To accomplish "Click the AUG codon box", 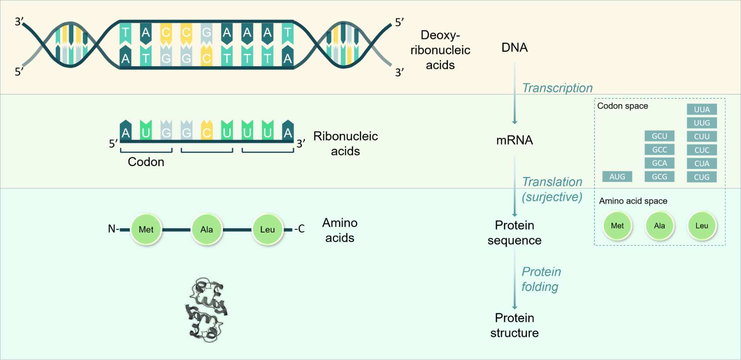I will tap(617, 177).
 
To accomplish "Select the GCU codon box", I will tap(659, 136).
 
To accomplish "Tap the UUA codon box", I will tap(701, 109).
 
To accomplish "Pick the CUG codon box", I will tap(701, 177).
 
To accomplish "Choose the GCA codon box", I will tap(659, 163).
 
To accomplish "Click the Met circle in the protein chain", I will tap(146, 229).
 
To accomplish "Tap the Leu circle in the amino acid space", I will tap(701, 226).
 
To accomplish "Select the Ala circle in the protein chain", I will tap(206, 229).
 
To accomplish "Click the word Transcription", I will tap(557, 88).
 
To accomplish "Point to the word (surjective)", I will tap(552, 197).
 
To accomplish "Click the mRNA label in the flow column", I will tap(515, 140).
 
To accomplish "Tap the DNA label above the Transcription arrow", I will tap(515, 47).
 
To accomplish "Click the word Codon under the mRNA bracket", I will tap(146, 162).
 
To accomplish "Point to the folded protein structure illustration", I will tap(206, 310).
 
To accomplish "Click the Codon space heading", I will tap(622, 106).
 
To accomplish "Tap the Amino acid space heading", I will tap(633, 201).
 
